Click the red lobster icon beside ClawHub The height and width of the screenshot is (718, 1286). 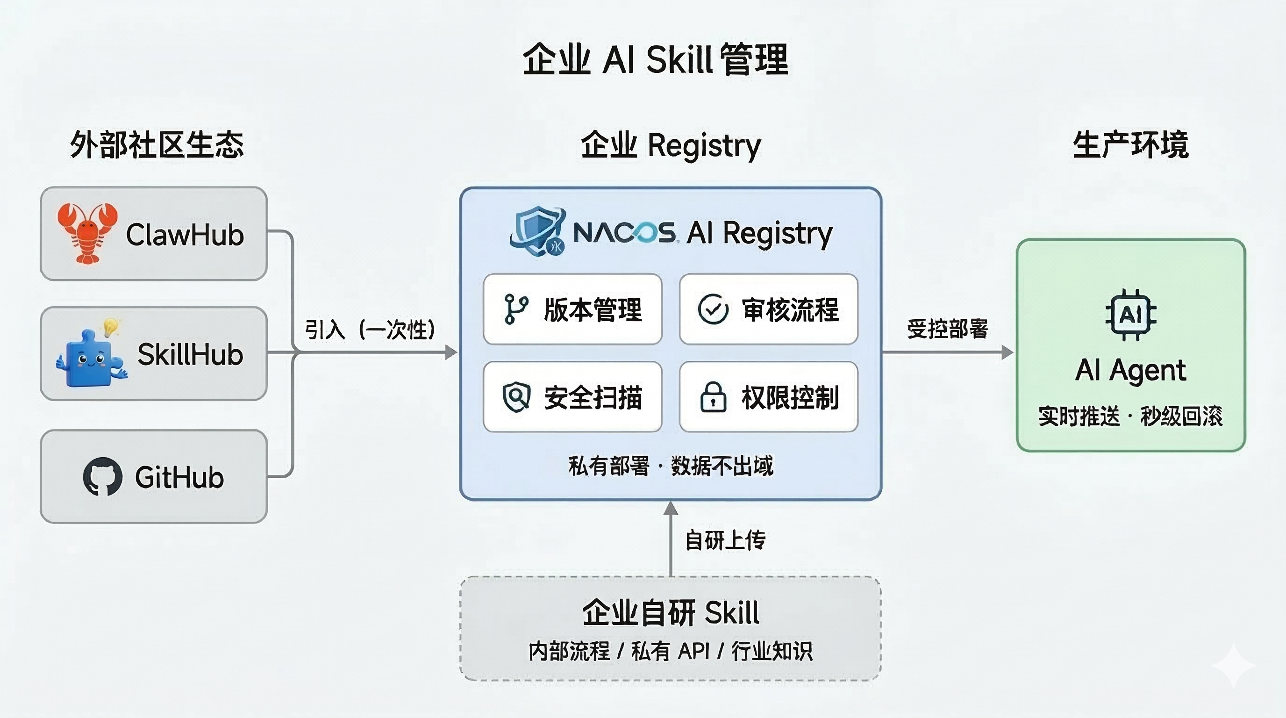click(87, 233)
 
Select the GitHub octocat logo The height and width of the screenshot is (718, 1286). click(102, 476)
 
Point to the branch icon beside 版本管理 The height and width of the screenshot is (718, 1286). click(516, 309)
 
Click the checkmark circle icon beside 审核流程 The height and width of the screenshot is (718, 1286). click(713, 309)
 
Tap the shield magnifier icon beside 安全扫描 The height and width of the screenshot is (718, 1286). click(516, 397)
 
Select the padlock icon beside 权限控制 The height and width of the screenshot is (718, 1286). click(714, 397)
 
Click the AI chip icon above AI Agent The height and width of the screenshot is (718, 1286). click(1131, 315)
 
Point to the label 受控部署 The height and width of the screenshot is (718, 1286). click(948, 329)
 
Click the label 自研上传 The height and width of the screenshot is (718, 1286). click(725, 540)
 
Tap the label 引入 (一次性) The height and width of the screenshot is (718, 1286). click(370, 330)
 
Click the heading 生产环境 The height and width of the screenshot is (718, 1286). click(1131, 145)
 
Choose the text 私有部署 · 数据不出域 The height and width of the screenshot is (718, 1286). click(671, 466)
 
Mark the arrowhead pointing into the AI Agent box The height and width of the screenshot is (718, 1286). click(1007, 352)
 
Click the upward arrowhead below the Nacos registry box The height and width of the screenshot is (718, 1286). click(671, 508)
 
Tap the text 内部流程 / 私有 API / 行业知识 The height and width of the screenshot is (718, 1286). click(671, 651)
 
